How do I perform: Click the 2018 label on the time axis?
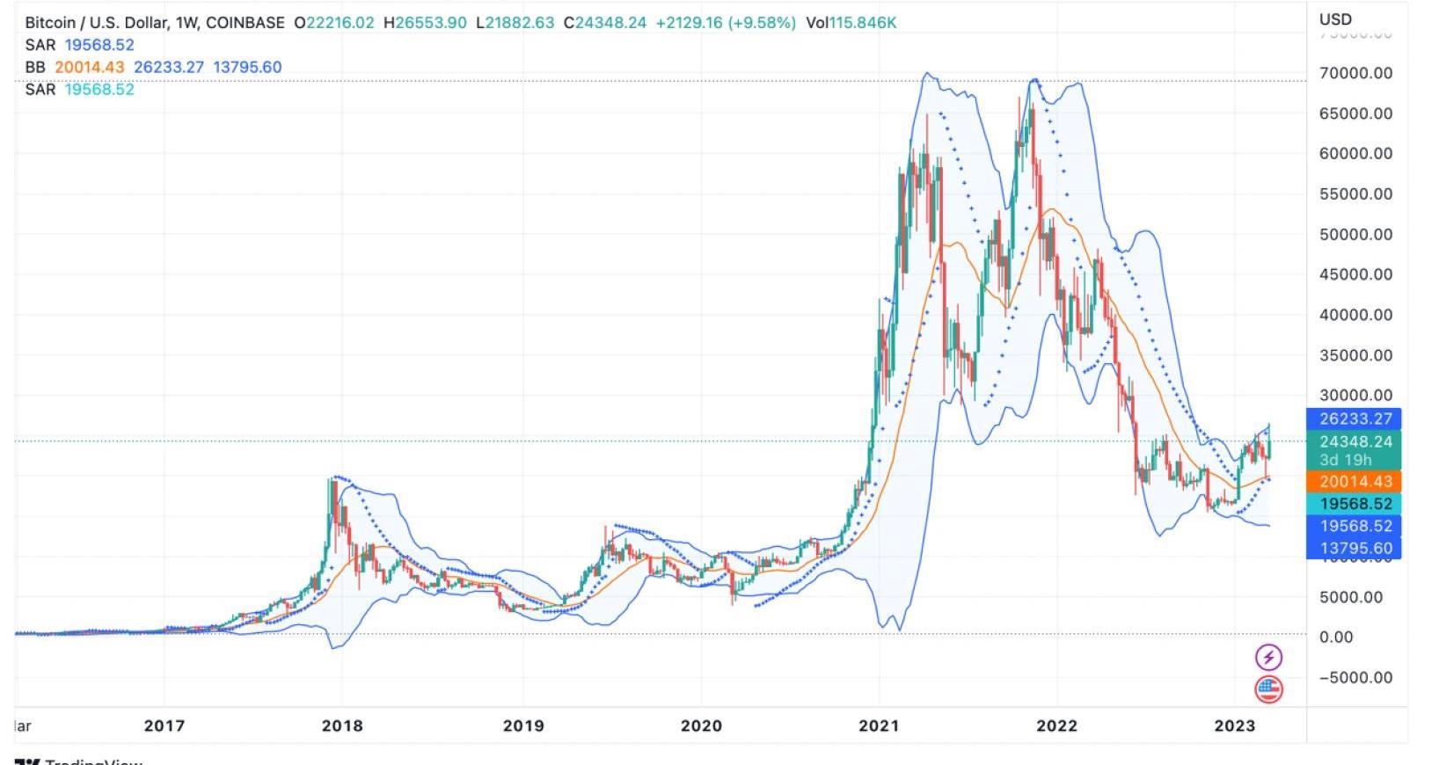342,725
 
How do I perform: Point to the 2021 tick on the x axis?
879,725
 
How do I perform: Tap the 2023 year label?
1234,725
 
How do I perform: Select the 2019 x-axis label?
523,725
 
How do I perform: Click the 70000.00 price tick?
1355,73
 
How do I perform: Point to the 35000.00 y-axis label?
1355,355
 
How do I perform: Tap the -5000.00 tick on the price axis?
1355,677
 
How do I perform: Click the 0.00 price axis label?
1336,637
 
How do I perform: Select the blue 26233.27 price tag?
1355,419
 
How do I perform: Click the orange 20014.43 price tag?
1355,481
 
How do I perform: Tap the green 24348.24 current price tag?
1355,441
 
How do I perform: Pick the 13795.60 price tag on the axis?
1355,548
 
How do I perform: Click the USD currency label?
1335,19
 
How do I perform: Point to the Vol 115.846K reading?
851,23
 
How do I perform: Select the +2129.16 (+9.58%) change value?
726,23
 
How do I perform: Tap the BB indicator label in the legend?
35,67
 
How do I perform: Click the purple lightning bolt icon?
1268,657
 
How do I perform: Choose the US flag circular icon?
1268,689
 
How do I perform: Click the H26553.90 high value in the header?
425,23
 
